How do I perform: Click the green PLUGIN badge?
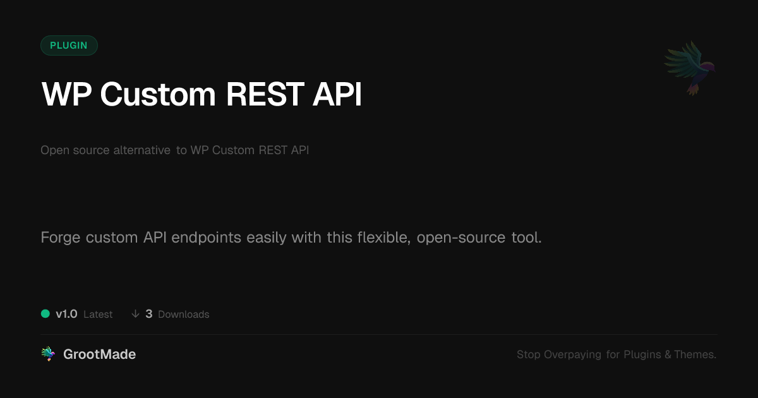pyautogui.click(x=69, y=45)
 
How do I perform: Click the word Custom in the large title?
pyautogui.click(x=158, y=94)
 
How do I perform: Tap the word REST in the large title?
pyautogui.click(x=265, y=94)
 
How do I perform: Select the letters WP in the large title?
pyautogui.click(x=66, y=94)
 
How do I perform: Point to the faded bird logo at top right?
pyautogui.click(x=690, y=68)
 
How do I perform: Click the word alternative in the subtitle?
pyautogui.click(x=141, y=150)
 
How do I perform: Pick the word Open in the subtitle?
pyautogui.click(x=55, y=150)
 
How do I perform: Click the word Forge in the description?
pyautogui.click(x=61, y=238)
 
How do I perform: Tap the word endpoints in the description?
pyautogui.click(x=206, y=238)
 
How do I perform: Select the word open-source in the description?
pyautogui.click(x=461, y=238)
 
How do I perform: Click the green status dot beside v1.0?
pyautogui.click(x=45, y=314)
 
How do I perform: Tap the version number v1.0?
pyautogui.click(x=66, y=314)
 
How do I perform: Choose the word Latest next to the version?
pyautogui.click(x=98, y=315)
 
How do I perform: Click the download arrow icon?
pyautogui.click(x=135, y=314)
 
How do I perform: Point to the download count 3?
pyautogui.click(x=149, y=314)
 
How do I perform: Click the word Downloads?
pyautogui.click(x=184, y=315)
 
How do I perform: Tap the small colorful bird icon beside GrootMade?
pyautogui.click(x=48, y=354)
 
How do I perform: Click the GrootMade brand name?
pyautogui.click(x=100, y=354)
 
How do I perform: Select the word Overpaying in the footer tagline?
pyautogui.click(x=572, y=354)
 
